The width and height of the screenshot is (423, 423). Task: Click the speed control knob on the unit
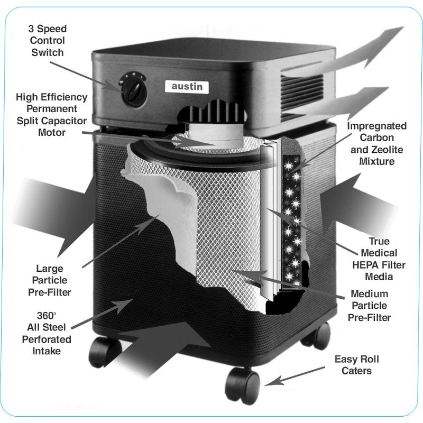(x=132, y=90)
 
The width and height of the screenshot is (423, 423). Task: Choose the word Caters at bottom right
(x=356, y=371)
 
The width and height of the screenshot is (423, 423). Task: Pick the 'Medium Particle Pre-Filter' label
(x=369, y=306)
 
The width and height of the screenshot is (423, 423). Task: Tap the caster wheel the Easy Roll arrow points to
(x=243, y=384)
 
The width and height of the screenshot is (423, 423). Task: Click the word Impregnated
(x=377, y=126)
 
